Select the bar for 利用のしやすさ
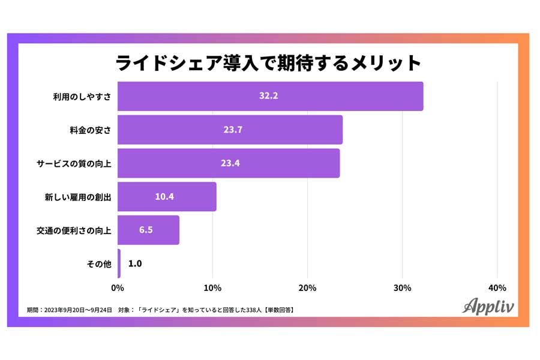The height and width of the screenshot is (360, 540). [x=270, y=96]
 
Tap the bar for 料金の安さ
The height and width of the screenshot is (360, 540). [x=230, y=130]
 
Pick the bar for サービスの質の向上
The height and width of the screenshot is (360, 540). [x=229, y=163]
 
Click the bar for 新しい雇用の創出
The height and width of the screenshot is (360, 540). [x=167, y=197]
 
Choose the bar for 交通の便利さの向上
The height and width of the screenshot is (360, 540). [x=148, y=230]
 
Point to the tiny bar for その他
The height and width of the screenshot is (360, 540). [x=119, y=263]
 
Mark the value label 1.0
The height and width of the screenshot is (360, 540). [x=135, y=263]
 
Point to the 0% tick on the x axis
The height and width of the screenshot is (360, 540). [x=118, y=288]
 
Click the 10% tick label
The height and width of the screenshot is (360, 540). [x=212, y=288]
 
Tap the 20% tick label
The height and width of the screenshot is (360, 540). [x=307, y=288]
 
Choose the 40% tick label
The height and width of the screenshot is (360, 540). [x=497, y=288]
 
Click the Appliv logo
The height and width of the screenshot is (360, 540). [x=488, y=305]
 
